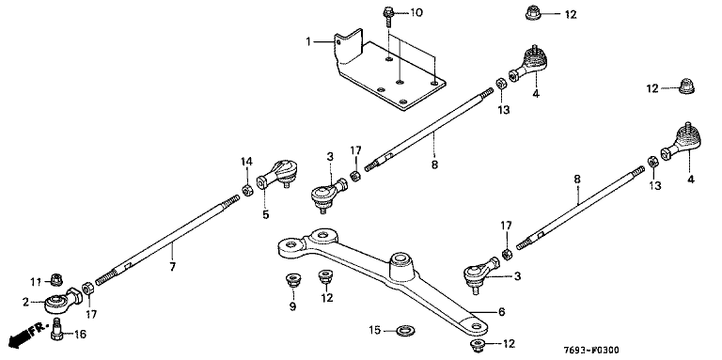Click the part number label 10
[416, 12]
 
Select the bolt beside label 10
[387, 17]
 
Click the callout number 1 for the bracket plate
[308, 42]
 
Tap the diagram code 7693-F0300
[592, 351]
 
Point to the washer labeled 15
[405, 330]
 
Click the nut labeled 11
[56, 278]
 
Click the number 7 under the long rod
[173, 266]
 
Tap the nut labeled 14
[247, 190]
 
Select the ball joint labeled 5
[277, 174]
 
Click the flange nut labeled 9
[291, 279]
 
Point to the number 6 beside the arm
[501, 312]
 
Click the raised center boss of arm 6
[401, 267]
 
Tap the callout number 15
[374, 330]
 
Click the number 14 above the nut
[247, 162]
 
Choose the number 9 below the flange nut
[293, 306]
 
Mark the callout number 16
[80, 335]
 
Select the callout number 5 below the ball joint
[266, 214]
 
